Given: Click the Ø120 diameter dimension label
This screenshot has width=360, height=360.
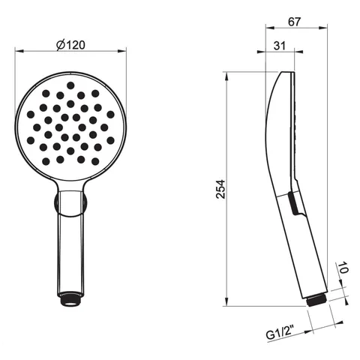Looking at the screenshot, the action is tap(70, 45).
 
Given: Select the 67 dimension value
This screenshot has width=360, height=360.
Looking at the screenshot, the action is tap(294, 22).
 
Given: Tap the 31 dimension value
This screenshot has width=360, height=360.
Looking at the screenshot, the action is tap(280, 46).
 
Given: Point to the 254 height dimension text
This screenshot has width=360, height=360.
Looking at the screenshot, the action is tap(220, 189).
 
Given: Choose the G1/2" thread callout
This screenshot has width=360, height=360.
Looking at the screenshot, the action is tap(280, 334).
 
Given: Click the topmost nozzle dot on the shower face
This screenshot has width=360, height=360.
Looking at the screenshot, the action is tap(70, 85).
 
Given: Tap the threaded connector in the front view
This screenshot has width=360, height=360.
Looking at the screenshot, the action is tap(70, 298).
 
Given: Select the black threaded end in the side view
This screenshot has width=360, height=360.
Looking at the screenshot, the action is tap(316, 300).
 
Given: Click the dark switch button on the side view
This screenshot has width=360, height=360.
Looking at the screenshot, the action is tap(293, 203).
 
